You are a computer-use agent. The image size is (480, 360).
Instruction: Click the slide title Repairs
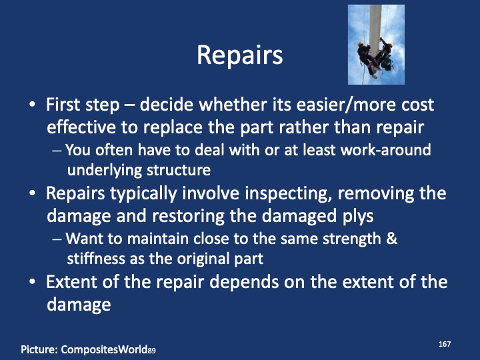tap(240, 55)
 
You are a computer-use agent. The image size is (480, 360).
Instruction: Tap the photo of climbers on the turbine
tap(376, 44)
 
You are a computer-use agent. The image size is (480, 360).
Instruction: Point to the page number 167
tap(445, 343)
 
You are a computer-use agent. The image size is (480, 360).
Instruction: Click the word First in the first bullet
tap(64, 105)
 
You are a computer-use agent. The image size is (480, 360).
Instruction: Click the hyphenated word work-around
tap(384, 150)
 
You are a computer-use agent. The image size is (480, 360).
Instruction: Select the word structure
tap(180, 170)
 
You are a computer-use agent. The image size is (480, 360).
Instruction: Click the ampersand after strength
tap(391, 238)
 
